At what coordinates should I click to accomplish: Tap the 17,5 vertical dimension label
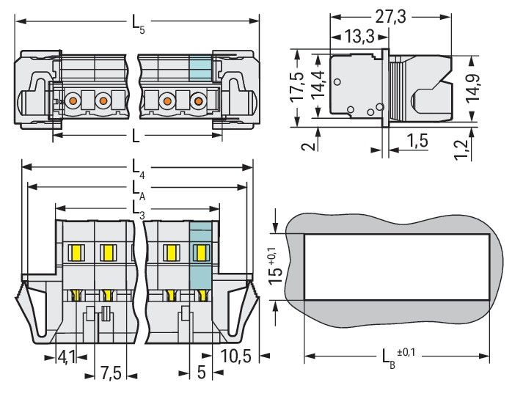click(296, 87)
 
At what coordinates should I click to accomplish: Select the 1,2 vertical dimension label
click(461, 150)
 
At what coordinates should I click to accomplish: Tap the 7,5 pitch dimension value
click(111, 373)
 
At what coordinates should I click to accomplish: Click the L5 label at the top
click(137, 22)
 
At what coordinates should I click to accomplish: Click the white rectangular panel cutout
click(397, 267)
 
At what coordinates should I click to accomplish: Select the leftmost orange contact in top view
click(73, 100)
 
